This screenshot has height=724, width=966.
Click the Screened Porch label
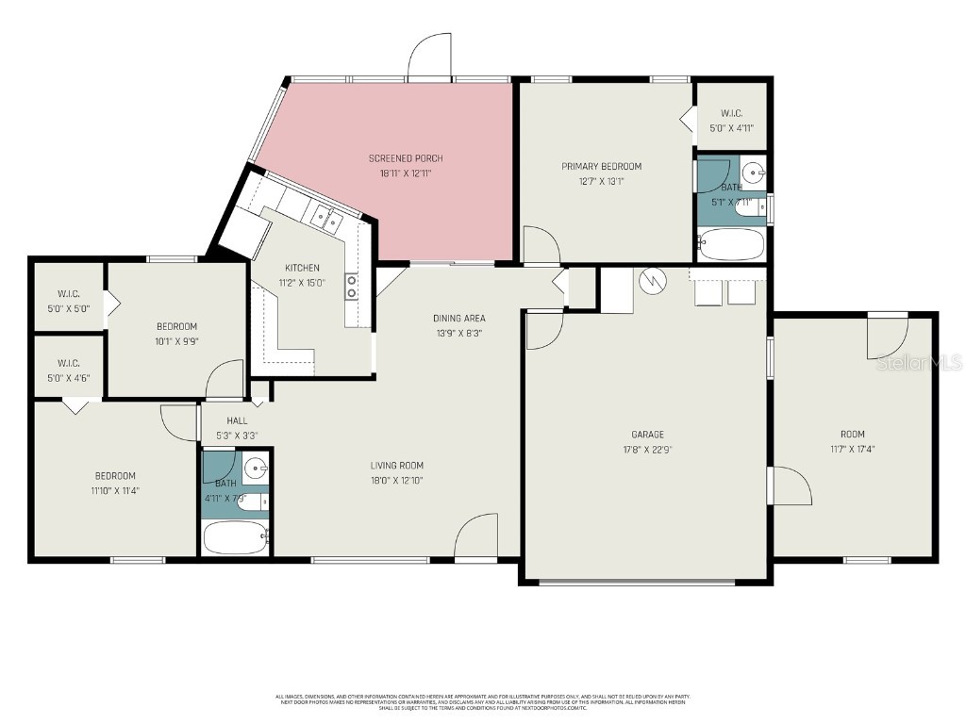click(x=406, y=158)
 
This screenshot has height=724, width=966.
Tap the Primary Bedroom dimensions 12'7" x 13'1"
click(x=601, y=182)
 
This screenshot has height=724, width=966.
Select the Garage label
click(x=648, y=435)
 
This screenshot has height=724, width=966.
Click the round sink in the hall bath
click(x=256, y=466)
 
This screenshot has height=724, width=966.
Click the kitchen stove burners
click(x=351, y=286)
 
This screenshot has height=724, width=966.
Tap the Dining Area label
click(x=459, y=318)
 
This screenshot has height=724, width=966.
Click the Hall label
click(x=237, y=420)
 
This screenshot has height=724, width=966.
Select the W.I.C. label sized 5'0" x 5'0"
click(x=68, y=293)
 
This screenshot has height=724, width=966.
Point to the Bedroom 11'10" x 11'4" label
click(x=115, y=476)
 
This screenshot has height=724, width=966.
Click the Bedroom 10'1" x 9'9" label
click(x=176, y=326)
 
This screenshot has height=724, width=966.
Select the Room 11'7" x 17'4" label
click(x=852, y=434)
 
